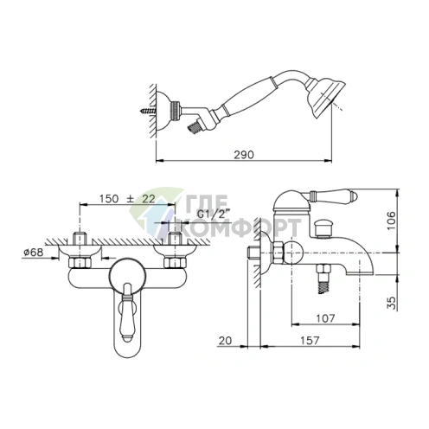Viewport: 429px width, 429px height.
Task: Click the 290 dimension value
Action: [x=244, y=155]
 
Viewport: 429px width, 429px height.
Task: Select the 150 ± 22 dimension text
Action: [x=127, y=199]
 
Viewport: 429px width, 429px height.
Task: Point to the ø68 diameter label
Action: [x=34, y=252]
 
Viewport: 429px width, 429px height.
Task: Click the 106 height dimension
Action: [x=391, y=221]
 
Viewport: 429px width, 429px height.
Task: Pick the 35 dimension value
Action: [x=391, y=303]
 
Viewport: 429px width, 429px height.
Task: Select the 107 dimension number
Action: [x=326, y=318]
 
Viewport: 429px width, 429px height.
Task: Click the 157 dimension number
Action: [x=310, y=340]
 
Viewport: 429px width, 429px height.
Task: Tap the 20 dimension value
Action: [x=225, y=341]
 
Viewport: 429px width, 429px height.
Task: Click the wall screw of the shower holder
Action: [x=148, y=111]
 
